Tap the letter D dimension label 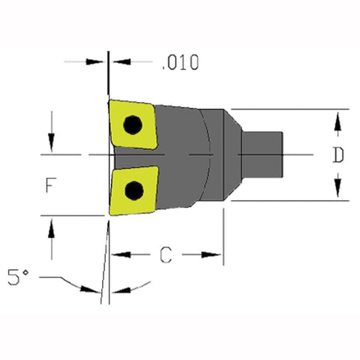(338, 155)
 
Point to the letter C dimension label (168, 255)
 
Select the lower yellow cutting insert (133, 190)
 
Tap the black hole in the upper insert (133, 124)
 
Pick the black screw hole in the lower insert (134, 190)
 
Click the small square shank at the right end (267, 154)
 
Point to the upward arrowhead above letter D (338, 119)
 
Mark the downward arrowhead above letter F (51, 143)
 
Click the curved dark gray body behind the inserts (180, 154)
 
